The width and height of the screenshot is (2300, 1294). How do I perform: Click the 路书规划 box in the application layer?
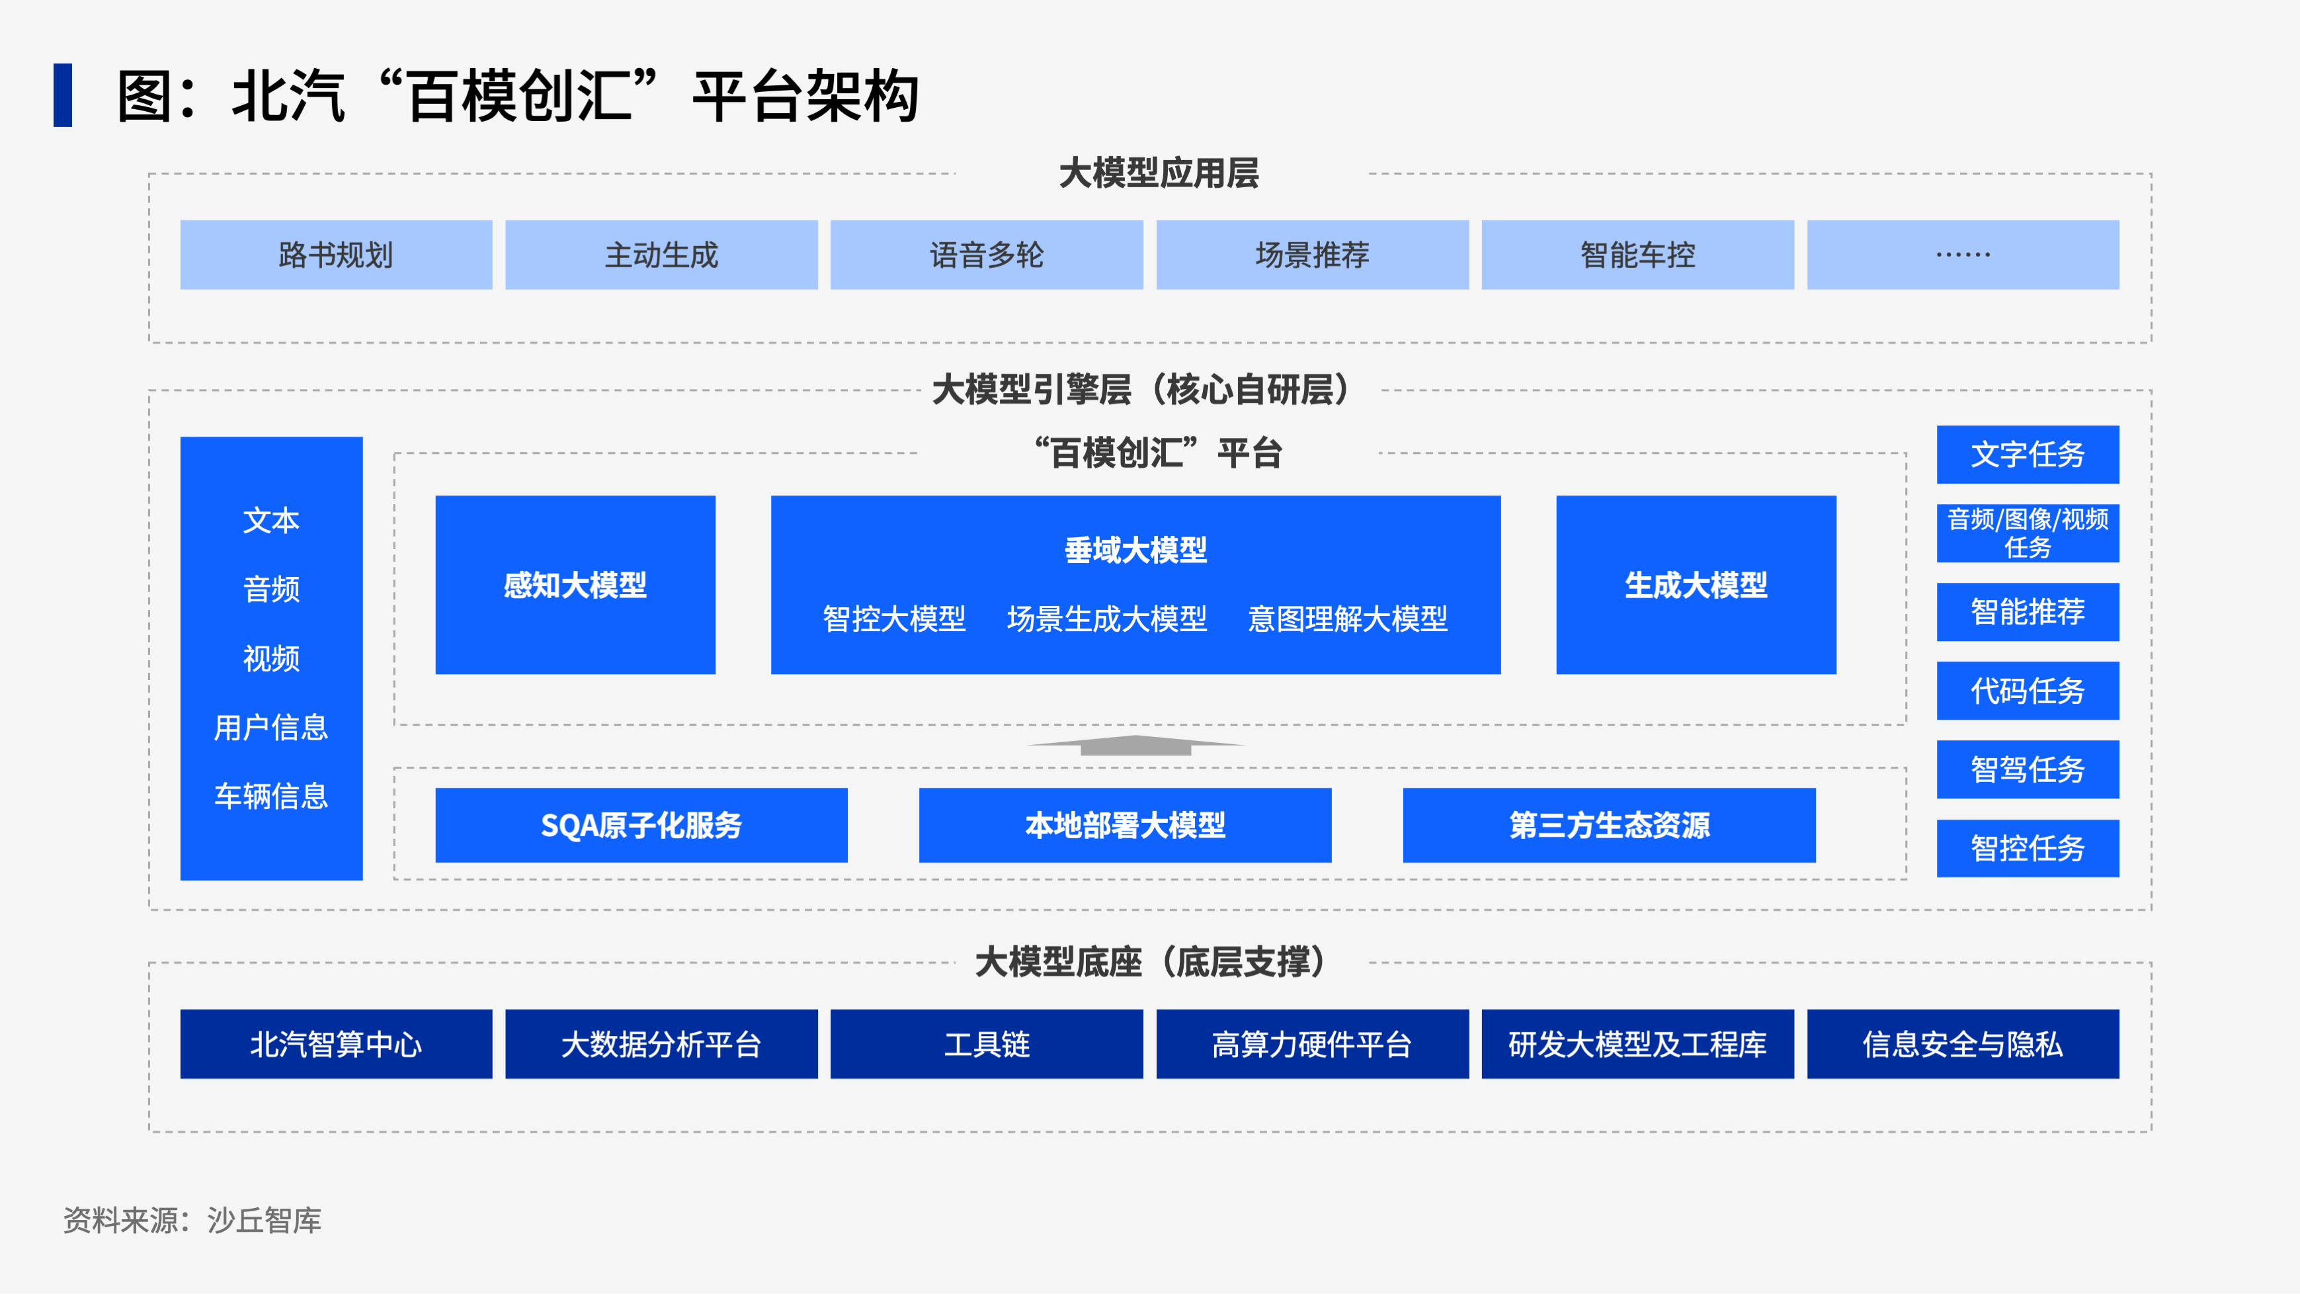(336, 255)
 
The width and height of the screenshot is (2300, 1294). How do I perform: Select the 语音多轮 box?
(987, 255)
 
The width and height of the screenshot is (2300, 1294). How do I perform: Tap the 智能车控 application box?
(1637, 255)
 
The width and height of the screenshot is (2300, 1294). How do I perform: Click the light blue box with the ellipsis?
(1963, 255)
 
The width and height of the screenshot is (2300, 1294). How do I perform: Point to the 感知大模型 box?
(575, 585)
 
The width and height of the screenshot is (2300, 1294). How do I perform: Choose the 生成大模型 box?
(1696, 585)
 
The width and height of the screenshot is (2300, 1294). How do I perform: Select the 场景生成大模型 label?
(1107, 619)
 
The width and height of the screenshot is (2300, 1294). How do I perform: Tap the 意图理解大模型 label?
(1347, 619)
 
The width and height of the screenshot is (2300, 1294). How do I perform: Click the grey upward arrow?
(1135, 745)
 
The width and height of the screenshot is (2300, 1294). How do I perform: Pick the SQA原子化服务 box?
(641, 825)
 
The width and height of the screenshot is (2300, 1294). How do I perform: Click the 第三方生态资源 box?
(1609, 825)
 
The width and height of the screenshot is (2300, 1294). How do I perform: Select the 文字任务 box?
(2028, 454)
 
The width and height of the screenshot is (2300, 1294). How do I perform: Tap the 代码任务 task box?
(2028, 690)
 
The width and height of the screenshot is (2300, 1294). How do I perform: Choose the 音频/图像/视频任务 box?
(2028, 533)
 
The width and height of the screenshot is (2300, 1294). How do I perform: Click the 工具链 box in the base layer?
(987, 1044)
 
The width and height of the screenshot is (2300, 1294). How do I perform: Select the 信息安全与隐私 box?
(1963, 1044)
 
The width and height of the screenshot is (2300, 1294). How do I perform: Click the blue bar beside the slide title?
(63, 95)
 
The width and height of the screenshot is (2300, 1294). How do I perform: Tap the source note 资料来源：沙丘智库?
(192, 1220)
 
